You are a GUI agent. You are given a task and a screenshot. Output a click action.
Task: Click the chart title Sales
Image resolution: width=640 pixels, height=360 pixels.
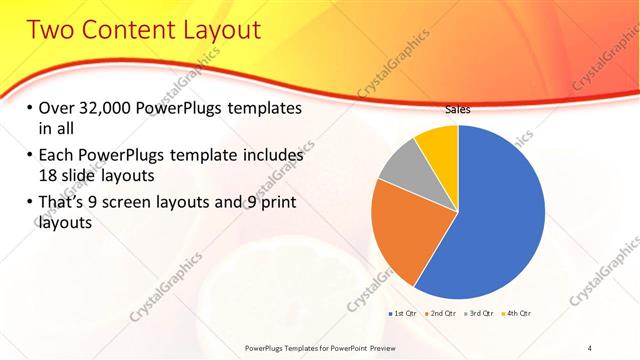pos(457,110)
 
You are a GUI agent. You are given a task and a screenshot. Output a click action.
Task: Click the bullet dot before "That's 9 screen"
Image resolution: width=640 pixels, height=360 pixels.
pos(29,203)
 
